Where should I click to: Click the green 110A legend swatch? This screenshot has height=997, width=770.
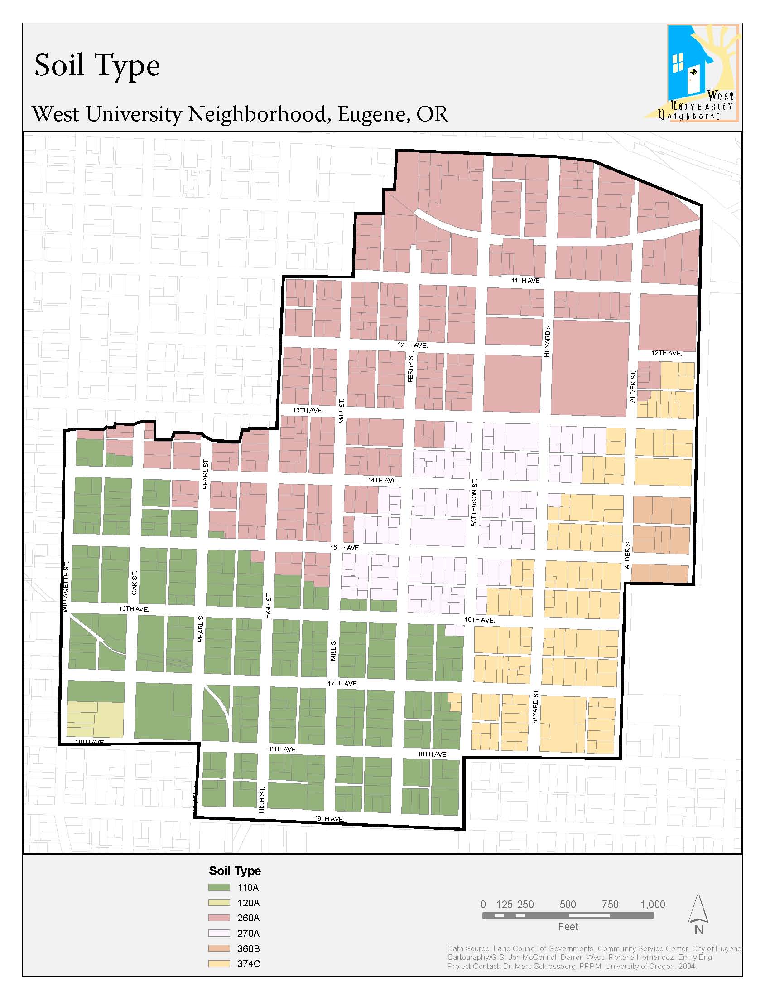click(x=219, y=887)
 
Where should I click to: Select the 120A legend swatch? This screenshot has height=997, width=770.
click(x=219, y=903)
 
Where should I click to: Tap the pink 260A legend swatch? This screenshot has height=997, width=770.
click(x=219, y=918)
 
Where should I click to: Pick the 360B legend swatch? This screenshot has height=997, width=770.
click(x=219, y=948)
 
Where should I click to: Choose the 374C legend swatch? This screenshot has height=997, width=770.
click(x=219, y=963)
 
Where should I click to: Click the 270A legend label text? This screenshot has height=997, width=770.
click(x=248, y=933)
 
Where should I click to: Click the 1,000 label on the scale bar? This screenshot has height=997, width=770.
click(x=653, y=905)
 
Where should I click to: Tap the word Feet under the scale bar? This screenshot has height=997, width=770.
click(x=568, y=927)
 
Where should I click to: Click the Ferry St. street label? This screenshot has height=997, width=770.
click(x=410, y=367)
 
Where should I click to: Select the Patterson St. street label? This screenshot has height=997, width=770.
click(x=474, y=503)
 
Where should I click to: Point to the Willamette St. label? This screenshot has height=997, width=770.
click(x=66, y=587)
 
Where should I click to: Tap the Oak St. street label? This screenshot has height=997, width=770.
click(x=134, y=583)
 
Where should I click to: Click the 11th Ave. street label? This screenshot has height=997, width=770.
click(x=526, y=280)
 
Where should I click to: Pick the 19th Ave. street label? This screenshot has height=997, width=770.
click(x=329, y=818)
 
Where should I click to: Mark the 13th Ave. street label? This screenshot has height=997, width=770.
click(x=308, y=410)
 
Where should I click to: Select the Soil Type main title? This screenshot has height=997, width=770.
click(x=97, y=65)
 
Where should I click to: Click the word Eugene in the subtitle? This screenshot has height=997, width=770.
click(x=370, y=114)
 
